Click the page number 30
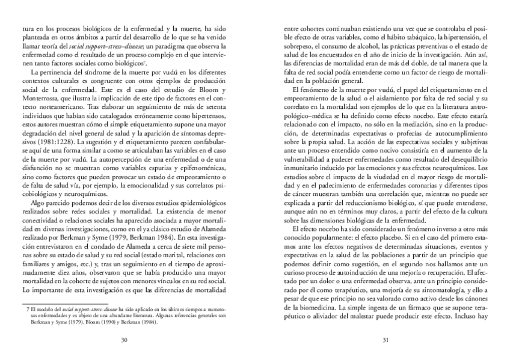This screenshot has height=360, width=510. tap(124, 340)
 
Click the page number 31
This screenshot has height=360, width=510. tap(385, 340)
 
